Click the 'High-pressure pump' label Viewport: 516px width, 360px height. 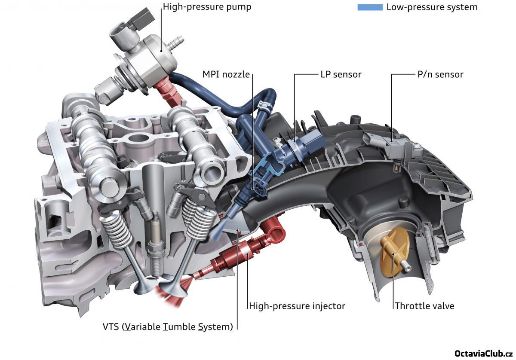pyautogui.click(x=207, y=7)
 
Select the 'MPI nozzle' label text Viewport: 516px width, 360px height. pyautogui.click(x=226, y=74)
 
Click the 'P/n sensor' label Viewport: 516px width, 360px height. pyautogui.click(x=440, y=74)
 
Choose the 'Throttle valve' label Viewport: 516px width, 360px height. pyautogui.click(x=424, y=306)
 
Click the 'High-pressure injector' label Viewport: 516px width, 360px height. pyautogui.click(x=297, y=306)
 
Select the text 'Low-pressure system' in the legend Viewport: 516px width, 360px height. pyautogui.click(x=432, y=7)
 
